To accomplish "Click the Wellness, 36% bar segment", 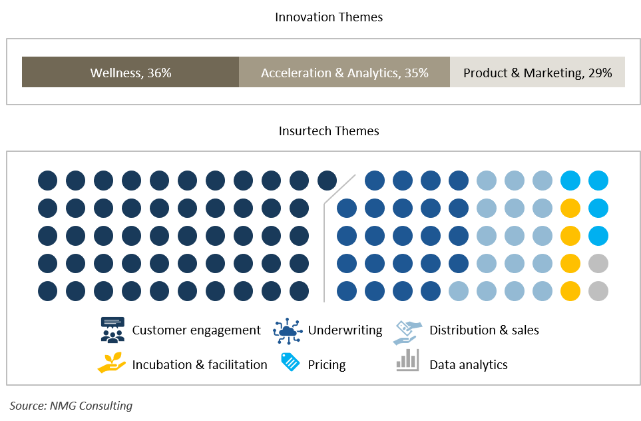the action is [130, 72].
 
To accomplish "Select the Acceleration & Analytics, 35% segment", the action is [344, 72].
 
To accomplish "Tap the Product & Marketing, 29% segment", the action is [537, 72].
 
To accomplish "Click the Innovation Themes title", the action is [329, 17].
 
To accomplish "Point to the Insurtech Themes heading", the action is [329, 131].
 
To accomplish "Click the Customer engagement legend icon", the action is [112, 330].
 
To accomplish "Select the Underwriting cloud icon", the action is [288, 330].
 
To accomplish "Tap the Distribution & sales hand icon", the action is [407, 332].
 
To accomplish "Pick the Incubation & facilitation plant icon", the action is [112, 362].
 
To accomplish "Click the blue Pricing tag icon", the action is [290, 362].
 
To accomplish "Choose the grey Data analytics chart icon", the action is [407, 360].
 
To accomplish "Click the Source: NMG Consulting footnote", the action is [71, 406].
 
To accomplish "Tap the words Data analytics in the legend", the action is [469, 364].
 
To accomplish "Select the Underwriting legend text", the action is [345, 330].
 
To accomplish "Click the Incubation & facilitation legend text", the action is [200, 364].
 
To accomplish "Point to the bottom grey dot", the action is [598, 291].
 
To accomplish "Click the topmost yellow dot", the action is [570, 209].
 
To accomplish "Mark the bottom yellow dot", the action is [570, 291].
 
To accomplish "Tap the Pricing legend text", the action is [327, 364].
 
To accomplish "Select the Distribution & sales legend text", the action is [484, 330].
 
